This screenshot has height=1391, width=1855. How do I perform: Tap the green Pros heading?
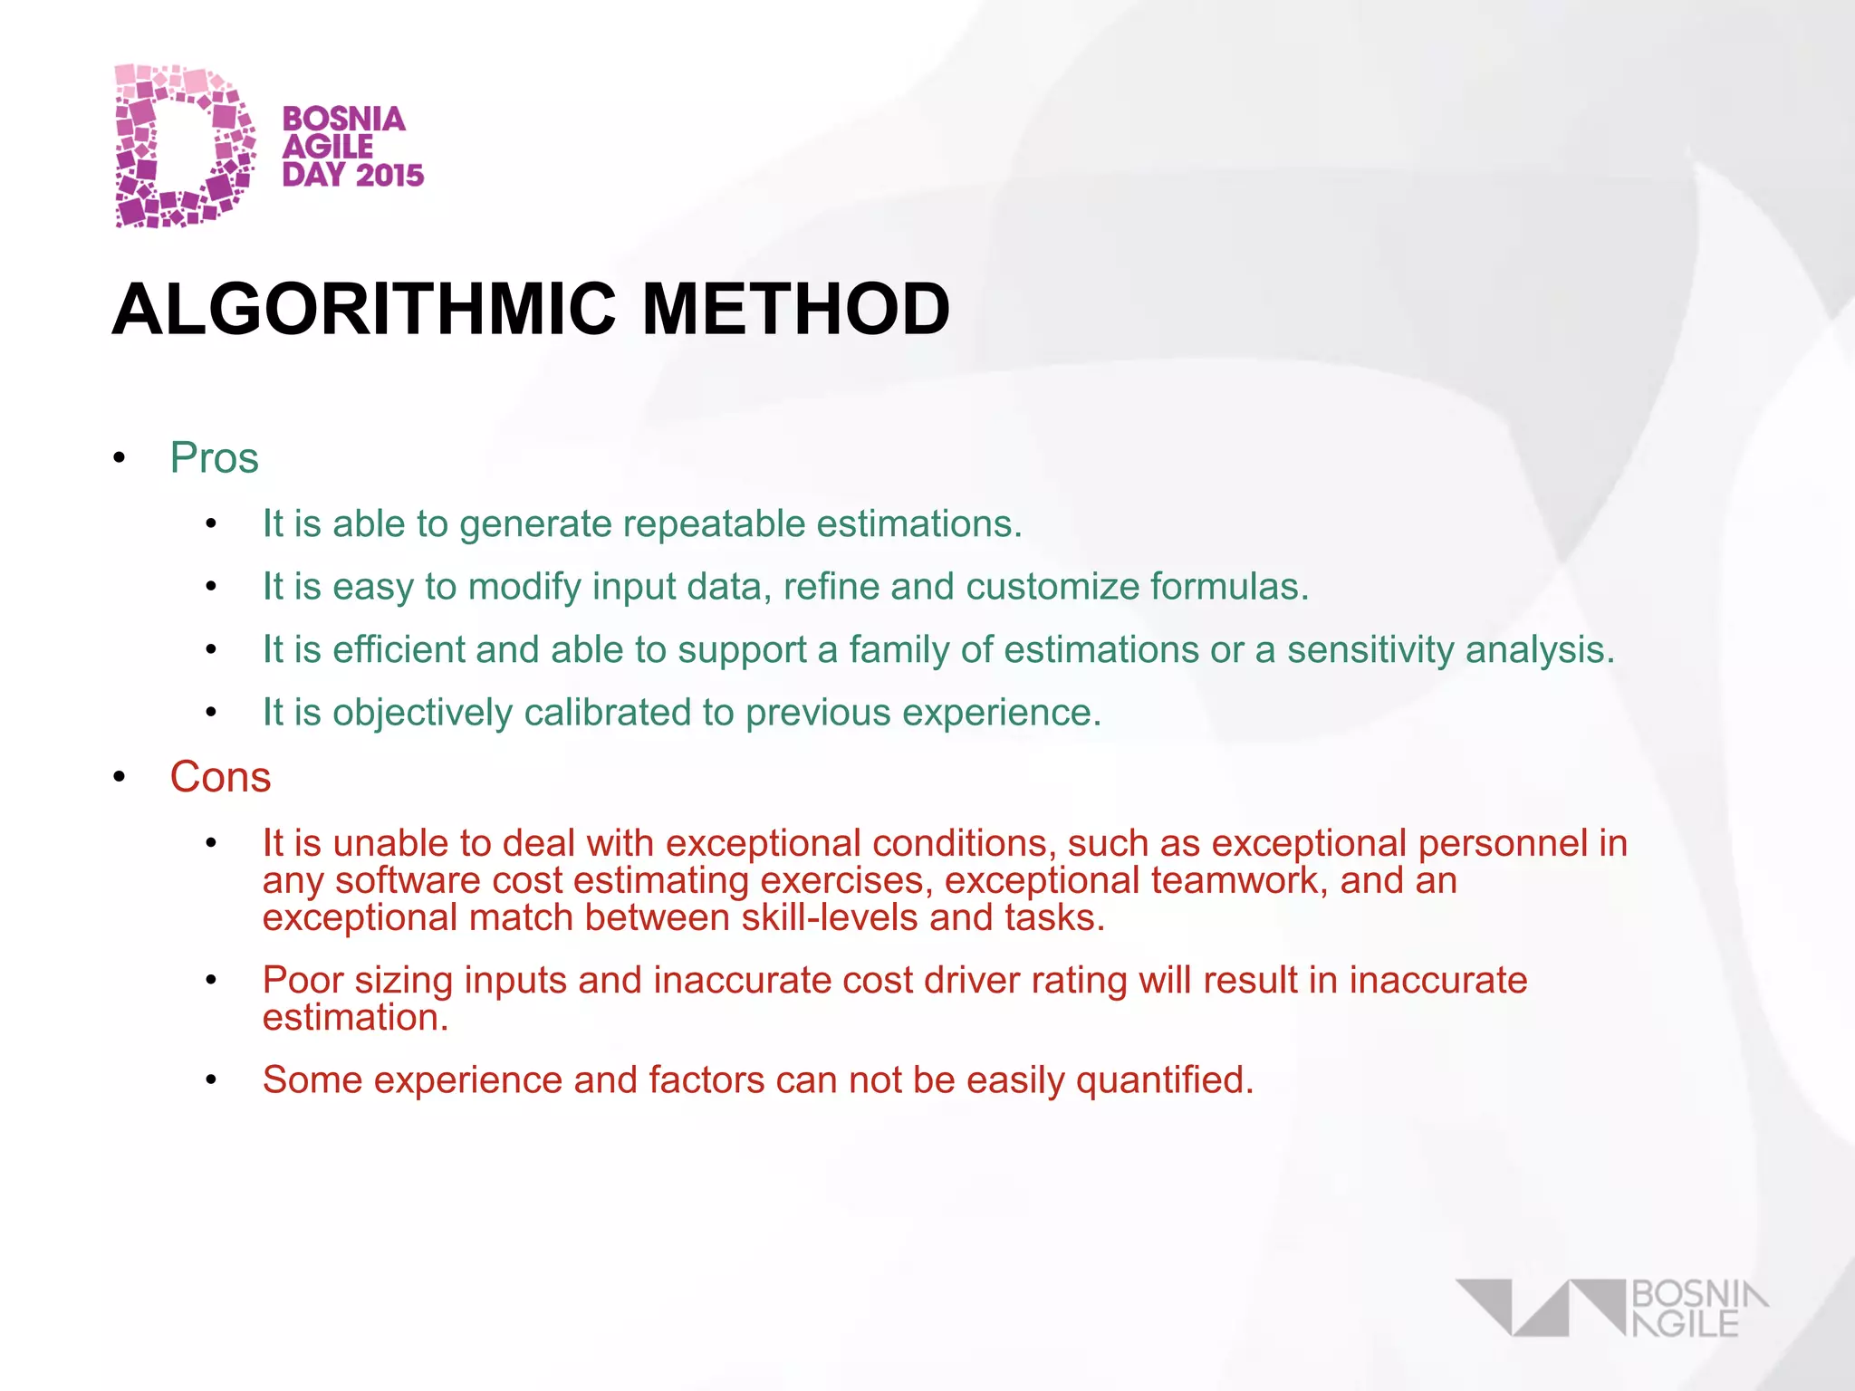pyautogui.click(x=215, y=458)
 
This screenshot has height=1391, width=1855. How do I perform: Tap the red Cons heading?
pyautogui.click(x=220, y=777)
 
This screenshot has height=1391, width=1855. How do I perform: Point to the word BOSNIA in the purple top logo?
pyautogui.click(x=344, y=119)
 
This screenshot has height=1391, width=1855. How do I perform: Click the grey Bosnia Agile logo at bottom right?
pyautogui.click(x=1612, y=1309)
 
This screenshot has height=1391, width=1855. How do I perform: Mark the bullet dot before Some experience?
pyautogui.click(x=211, y=1080)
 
